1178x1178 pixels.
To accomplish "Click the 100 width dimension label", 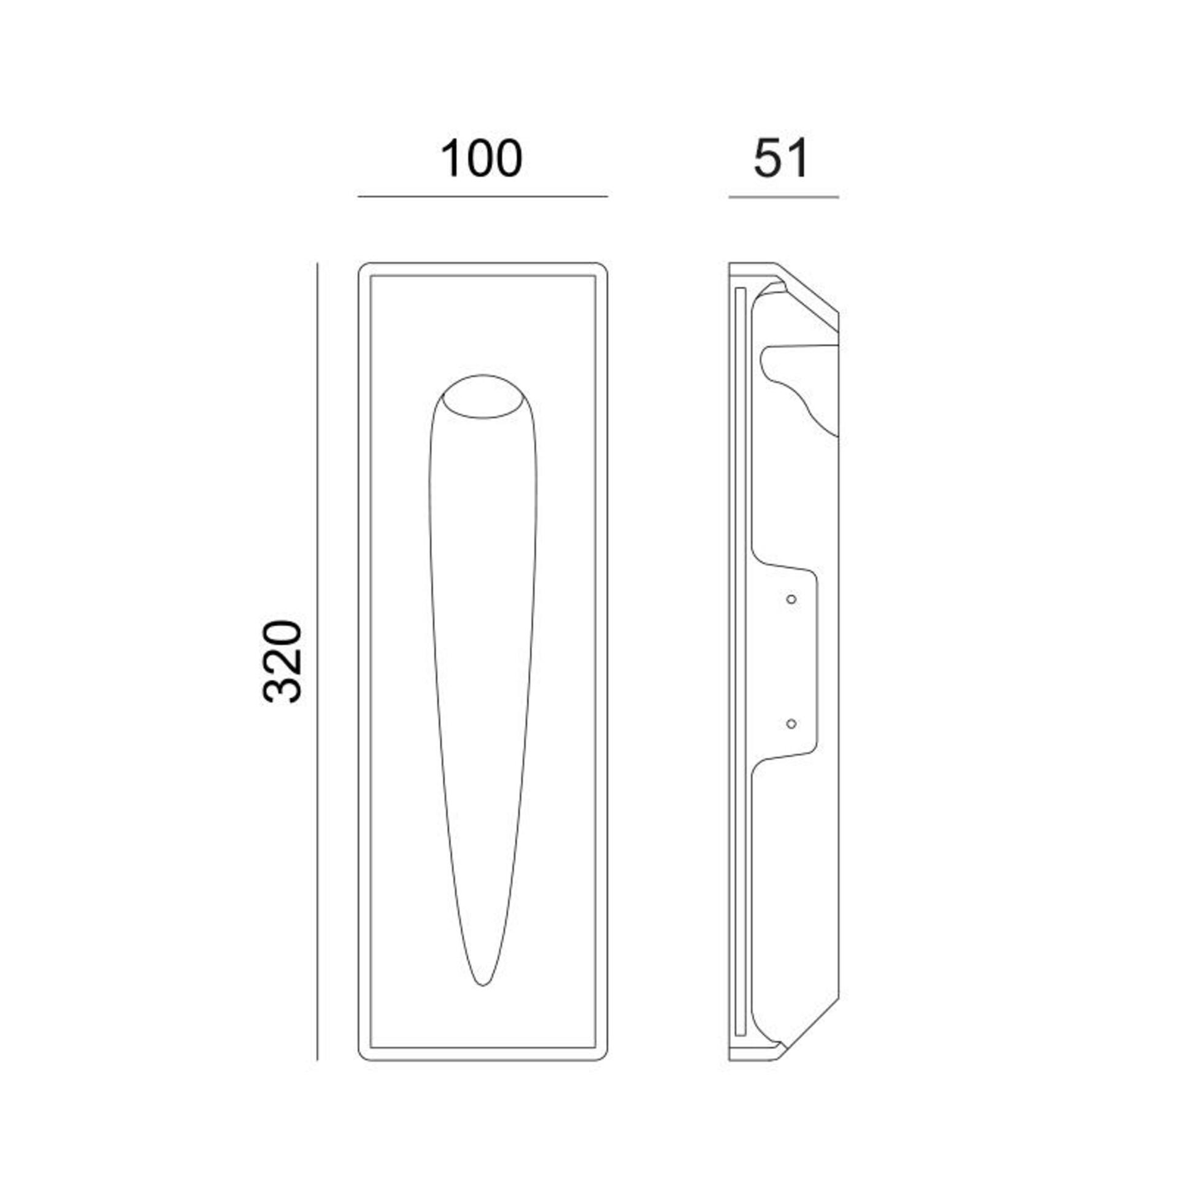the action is point(482,159).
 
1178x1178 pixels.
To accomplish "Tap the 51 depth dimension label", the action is point(781,159).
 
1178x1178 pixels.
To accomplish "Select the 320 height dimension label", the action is point(283,661).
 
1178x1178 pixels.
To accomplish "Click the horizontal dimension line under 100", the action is point(483,196).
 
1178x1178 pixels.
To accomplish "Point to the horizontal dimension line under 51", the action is point(783,197).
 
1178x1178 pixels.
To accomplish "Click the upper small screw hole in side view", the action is point(791,599).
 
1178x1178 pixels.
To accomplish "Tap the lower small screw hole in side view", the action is point(791,724).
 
